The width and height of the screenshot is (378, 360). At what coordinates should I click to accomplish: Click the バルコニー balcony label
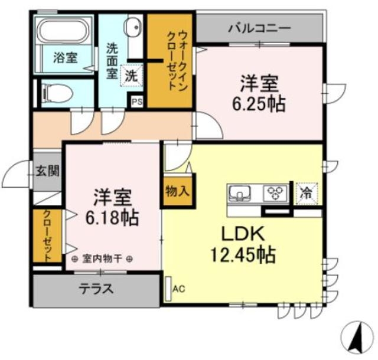click(x=259, y=28)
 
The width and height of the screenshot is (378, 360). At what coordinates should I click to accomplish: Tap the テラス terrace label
click(x=96, y=290)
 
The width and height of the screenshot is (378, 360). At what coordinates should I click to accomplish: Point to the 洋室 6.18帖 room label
click(x=112, y=208)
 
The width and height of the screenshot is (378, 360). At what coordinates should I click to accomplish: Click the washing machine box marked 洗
click(x=131, y=76)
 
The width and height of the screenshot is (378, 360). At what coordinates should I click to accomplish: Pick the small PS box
click(x=136, y=102)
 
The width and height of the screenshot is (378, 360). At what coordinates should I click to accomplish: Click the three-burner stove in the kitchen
click(x=275, y=192)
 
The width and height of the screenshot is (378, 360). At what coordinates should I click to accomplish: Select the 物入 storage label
click(x=178, y=192)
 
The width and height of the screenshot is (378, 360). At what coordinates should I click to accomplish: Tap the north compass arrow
click(x=356, y=339)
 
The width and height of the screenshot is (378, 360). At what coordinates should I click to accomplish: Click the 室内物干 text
click(x=103, y=258)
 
